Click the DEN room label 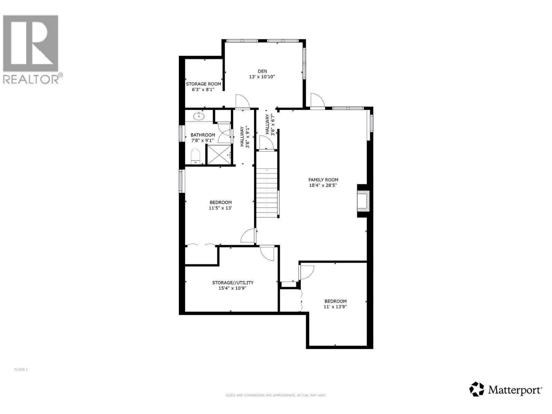click(262, 71)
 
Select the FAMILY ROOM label click(323, 180)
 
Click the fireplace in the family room click(363, 201)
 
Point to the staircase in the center click(267, 193)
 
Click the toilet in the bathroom click(196, 156)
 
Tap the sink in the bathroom click(199, 116)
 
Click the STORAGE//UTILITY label click(233, 283)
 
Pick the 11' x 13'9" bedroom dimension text click(335, 307)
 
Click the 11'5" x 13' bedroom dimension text click(220, 208)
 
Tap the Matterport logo click(506, 390)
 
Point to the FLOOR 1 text click(21, 369)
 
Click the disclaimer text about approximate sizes click(276, 395)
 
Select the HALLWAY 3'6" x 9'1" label click(245, 137)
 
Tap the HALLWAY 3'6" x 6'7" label click(269, 125)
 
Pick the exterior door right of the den click(317, 101)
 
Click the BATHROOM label click(203, 135)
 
